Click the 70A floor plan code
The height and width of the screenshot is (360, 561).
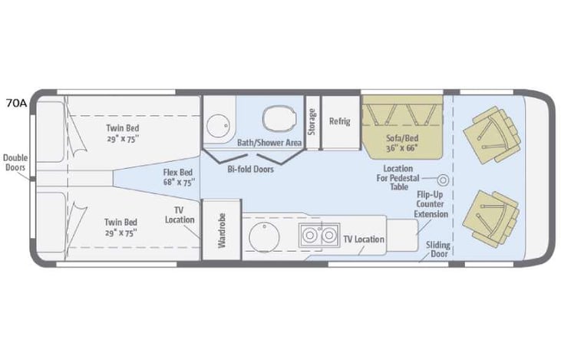[16, 103]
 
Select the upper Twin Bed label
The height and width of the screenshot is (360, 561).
[123, 134]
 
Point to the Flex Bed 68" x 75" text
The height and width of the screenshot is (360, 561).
[178, 177]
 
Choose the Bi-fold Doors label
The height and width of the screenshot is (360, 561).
[251, 168]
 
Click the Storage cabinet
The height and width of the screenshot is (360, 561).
[312, 122]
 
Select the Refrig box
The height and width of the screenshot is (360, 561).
[339, 121]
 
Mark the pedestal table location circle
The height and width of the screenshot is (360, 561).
[443, 180]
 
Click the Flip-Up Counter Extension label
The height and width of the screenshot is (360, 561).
[431, 205]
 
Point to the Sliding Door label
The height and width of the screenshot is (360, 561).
[438, 250]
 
